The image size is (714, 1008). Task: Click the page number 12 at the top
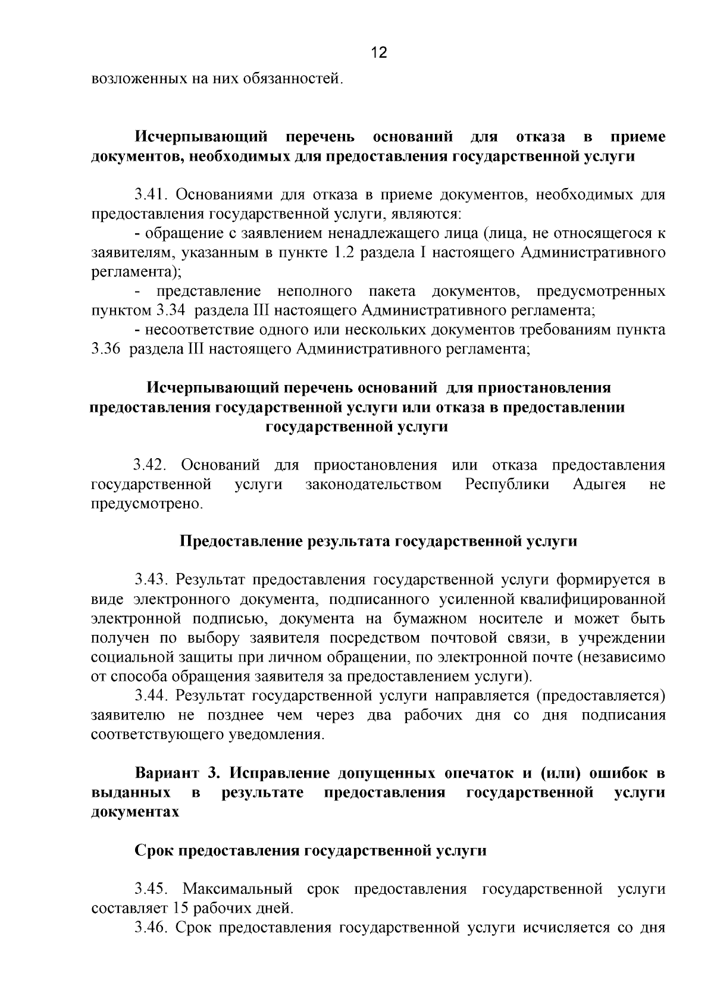coord(379,53)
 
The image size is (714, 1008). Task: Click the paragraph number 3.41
coord(152,195)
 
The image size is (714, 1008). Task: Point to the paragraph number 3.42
coord(152,465)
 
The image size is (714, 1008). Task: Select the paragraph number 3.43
coord(152,580)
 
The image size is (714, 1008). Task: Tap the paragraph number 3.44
coord(152,696)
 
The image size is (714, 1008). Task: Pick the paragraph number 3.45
coord(152,890)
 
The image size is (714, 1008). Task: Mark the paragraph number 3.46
coord(152,928)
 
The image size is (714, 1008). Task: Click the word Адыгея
coord(599,484)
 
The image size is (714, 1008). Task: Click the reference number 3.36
coord(107,349)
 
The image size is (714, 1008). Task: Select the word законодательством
coord(374,484)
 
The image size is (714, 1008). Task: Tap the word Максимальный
coord(237,890)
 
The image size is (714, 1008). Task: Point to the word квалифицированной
coord(595,599)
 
